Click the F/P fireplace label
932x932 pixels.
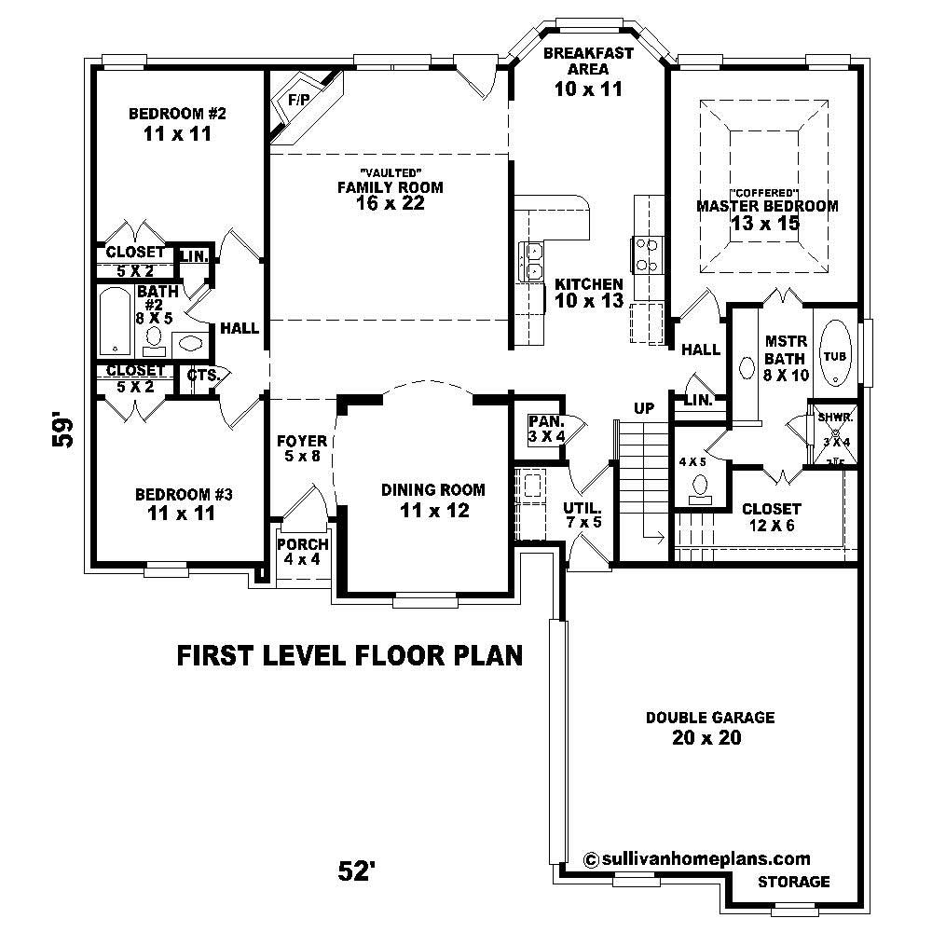coord(298,99)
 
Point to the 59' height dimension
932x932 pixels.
coord(63,431)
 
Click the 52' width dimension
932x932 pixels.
coord(357,871)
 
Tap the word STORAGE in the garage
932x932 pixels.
coord(793,882)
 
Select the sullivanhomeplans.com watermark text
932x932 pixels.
coord(696,858)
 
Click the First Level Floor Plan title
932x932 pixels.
coord(349,655)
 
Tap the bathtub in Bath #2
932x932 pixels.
coord(116,322)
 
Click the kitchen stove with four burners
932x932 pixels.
coord(647,254)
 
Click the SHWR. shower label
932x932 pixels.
coord(832,418)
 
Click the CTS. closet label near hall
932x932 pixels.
coord(202,375)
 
